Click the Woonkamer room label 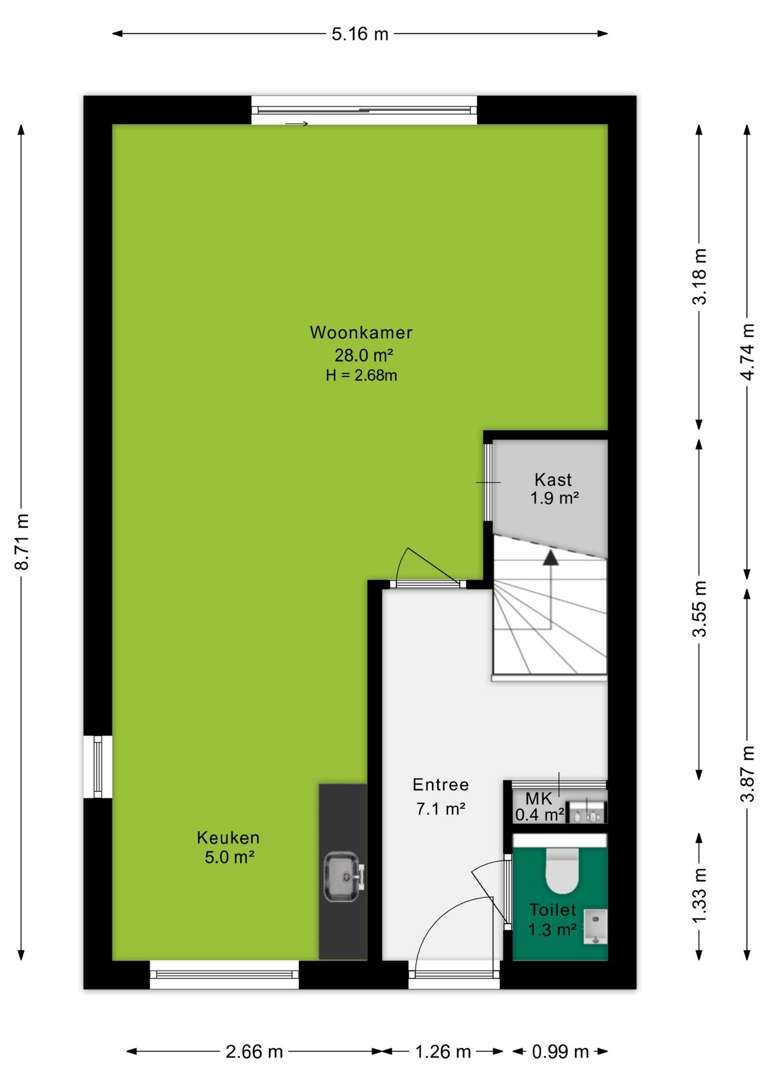(x=361, y=332)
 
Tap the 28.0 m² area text (x=364, y=355)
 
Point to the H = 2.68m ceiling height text (x=361, y=375)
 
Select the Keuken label (x=228, y=837)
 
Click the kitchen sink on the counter (x=343, y=876)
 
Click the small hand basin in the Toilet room (x=596, y=927)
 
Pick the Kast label (x=553, y=480)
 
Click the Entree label (x=441, y=784)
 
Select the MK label (x=538, y=798)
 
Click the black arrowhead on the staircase (x=550, y=558)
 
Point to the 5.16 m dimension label (x=360, y=34)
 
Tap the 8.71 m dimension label (x=22, y=542)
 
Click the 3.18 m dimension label (x=700, y=277)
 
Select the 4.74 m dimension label (x=747, y=352)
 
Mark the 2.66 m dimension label (x=254, y=1052)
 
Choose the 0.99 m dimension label (x=560, y=1052)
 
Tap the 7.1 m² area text (x=441, y=809)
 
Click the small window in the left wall (x=98, y=766)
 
